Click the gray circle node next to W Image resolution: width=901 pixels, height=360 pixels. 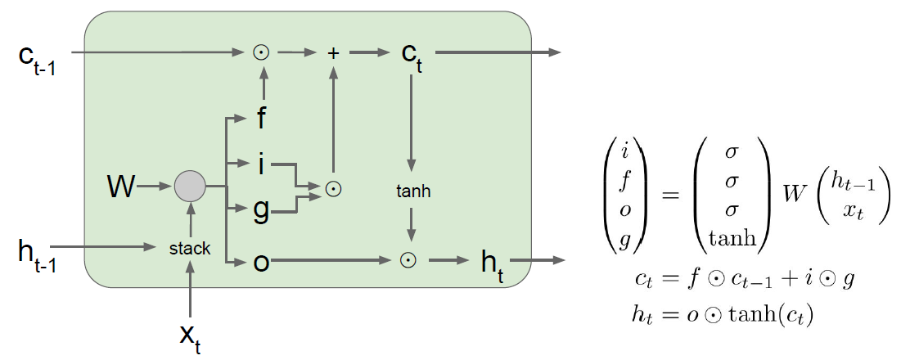(x=190, y=187)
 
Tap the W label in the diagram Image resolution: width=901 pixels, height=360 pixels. (x=121, y=187)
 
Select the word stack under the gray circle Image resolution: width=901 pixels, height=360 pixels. (x=190, y=247)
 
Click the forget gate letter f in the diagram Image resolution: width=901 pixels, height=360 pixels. (x=261, y=120)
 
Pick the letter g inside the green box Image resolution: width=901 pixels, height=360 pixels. (x=261, y=211)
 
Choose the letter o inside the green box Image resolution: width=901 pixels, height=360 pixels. (x=261, y=261)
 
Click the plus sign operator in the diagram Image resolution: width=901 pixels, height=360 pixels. (x=332, y=53)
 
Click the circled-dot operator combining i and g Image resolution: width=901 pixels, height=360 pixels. (x=332, y=188)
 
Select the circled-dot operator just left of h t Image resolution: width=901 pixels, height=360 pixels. (x=406, y=260)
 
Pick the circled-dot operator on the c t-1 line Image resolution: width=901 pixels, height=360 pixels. (x=261, y=53)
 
